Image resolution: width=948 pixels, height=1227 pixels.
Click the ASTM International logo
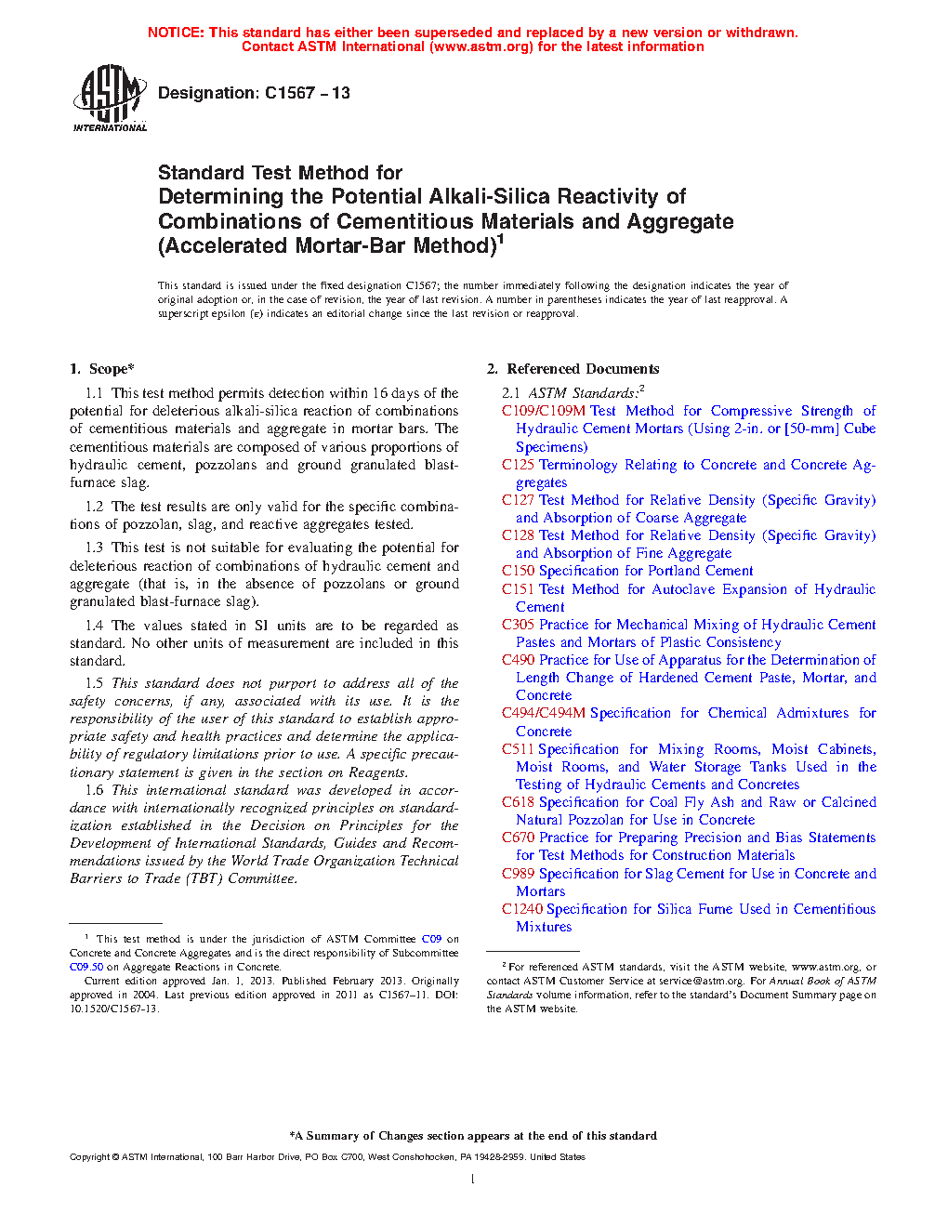pos(110,97)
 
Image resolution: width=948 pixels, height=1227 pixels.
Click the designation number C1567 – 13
pos(307,93)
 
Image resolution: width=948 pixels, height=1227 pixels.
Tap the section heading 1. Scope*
pos(102,369)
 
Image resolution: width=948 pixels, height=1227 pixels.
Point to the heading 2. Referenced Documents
pos(573,369)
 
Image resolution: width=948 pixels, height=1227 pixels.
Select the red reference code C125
pos(518,465)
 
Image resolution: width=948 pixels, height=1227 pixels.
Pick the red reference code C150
pos(518,571)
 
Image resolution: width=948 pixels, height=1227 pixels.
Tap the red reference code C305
pos(518,625)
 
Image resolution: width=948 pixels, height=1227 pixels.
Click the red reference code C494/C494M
pos(544,713)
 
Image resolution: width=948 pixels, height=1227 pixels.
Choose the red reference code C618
pos(518,802)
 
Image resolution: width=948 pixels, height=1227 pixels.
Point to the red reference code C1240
pos(521,909)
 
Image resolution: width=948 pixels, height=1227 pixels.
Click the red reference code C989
pos(518,874)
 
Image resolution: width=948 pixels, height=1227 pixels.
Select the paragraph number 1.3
pos(94,548)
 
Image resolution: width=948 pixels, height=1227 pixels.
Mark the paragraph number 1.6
pos(94,790)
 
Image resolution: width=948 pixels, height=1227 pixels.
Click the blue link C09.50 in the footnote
pos(86,967)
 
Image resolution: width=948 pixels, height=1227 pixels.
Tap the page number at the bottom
pos(473,1180)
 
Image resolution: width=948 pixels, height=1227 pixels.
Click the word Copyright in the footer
pos(89,1157)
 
